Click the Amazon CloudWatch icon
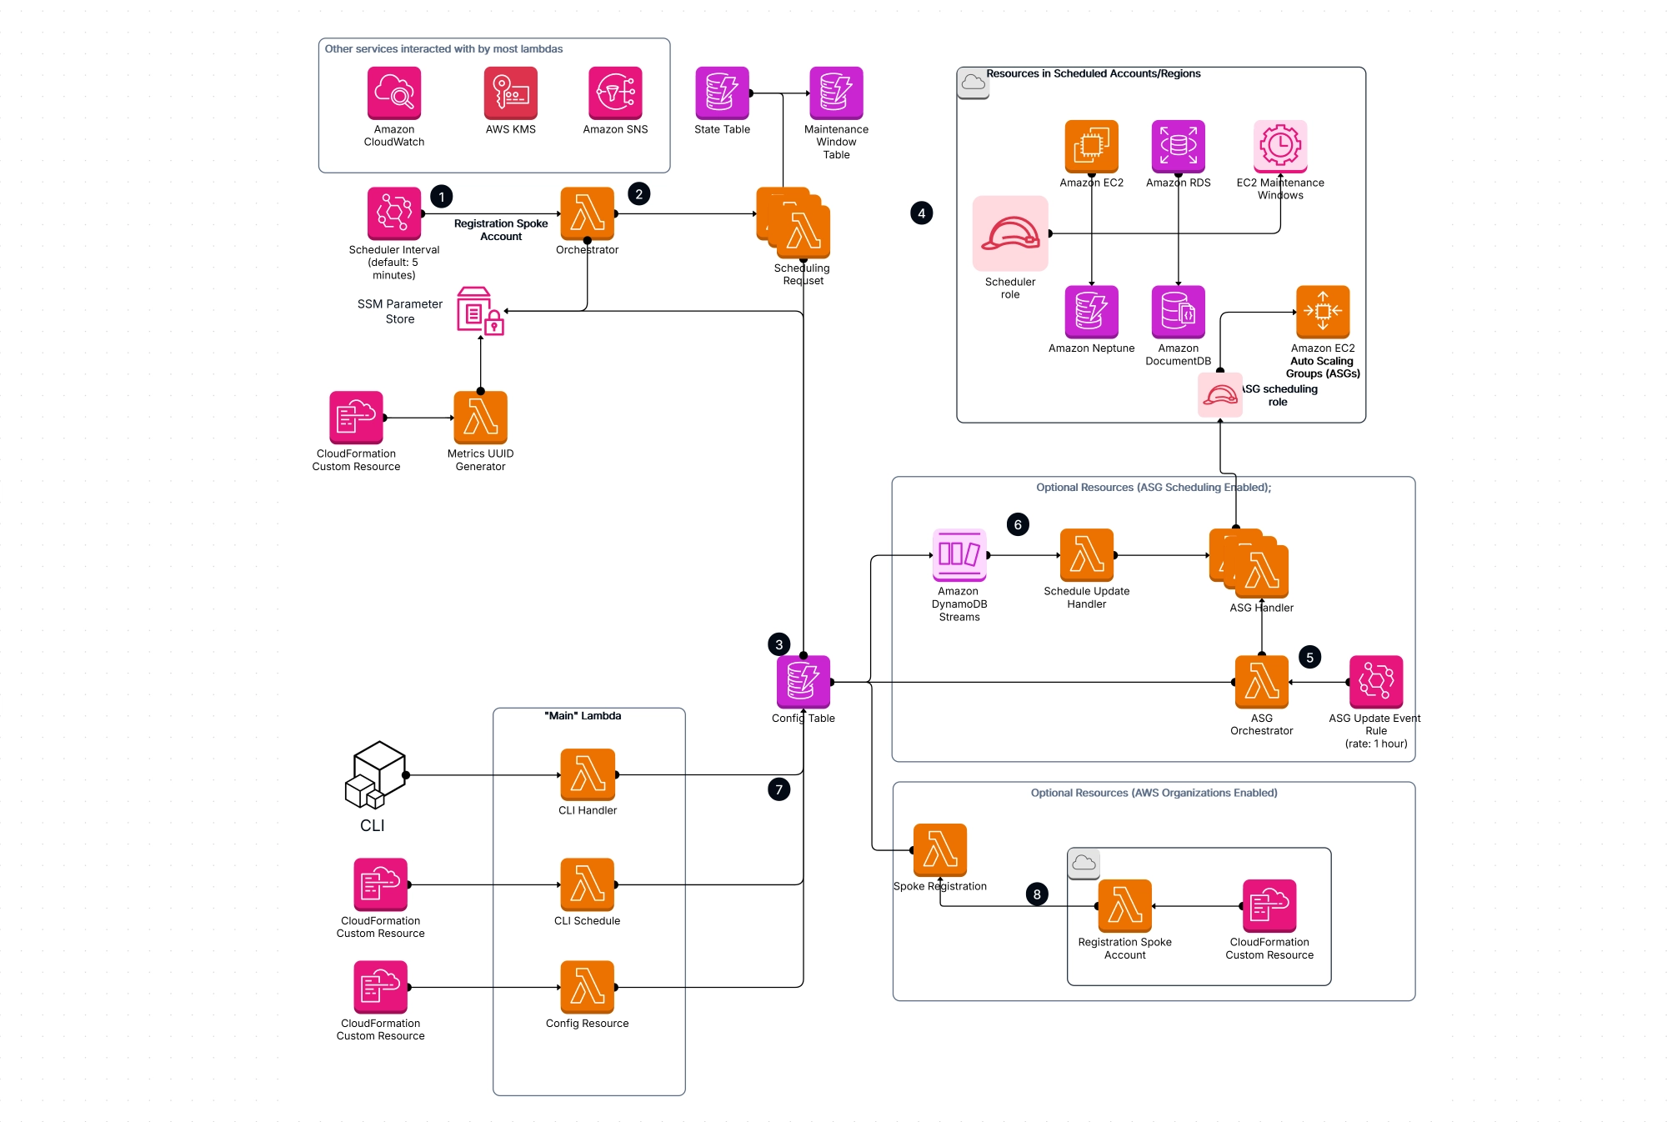tap(393, 93)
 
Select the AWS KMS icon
tap(510, 93)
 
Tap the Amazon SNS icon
tap(615, 93)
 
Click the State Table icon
tap(722, 93)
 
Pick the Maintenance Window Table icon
tap(836, 93)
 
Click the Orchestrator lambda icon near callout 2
tap(587, 213)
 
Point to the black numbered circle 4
tap(921, 213)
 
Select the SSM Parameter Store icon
tap(480, 311)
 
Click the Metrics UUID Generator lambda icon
tap(480, 417)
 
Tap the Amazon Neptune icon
tap(1091, 312)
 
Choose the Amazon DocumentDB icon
tap(1178, 312)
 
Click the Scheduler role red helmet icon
tap(1009, 233)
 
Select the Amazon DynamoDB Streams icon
tap(959, 554)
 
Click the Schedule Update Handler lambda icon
tap(1086, 554)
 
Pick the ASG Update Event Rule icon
tap(1375, 682)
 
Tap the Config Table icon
tap(803, 682)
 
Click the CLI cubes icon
tap(375, 774)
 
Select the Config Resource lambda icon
tap(587, 987)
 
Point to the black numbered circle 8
tap(1036, 894)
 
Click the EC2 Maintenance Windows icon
tap(1279, 146)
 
